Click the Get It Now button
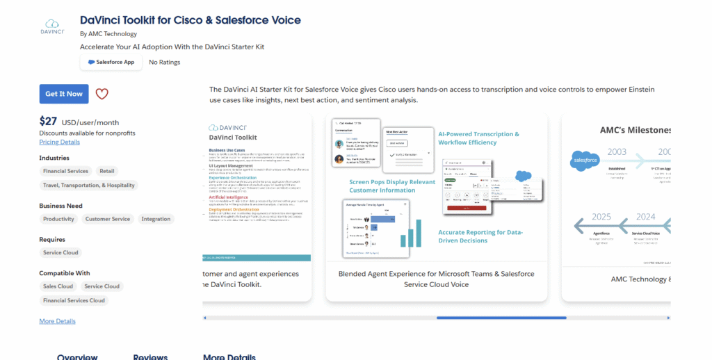point(64,94)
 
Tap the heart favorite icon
point(102,94)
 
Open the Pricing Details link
point(59,142)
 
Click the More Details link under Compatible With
point(57,321)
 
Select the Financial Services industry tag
point(65,171)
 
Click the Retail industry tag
point(107,171)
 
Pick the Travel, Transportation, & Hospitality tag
point(88,186)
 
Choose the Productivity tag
point(58,219)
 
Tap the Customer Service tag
point(108,219)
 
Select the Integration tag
point(156,219)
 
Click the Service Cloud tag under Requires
point(60,253)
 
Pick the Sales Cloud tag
point(58,286)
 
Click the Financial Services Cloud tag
point(74,301)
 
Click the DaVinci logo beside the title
point(52,26)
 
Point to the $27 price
point(48,121)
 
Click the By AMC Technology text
point(108,33)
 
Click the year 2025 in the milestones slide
point(601,216)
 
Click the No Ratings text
point(165,62)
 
